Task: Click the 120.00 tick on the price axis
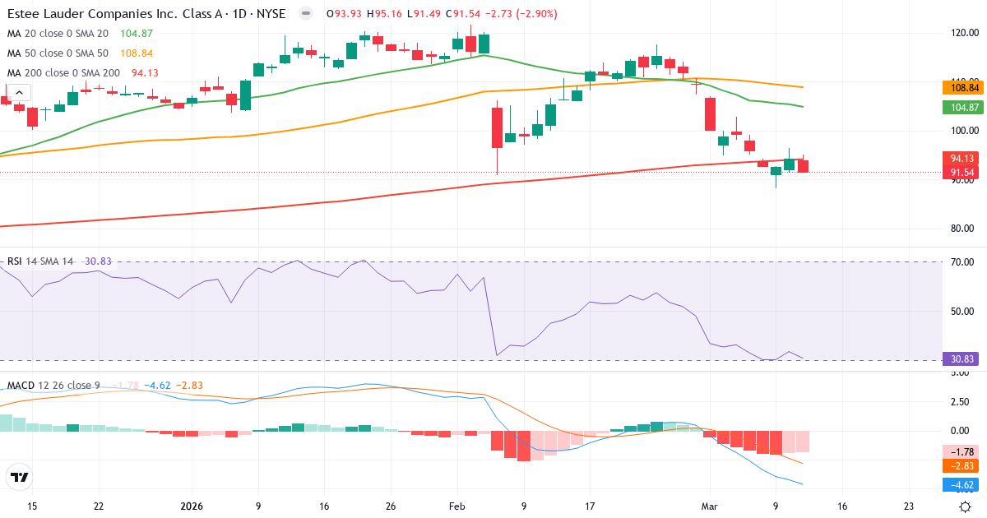pyautogui.click(x=963, y=33)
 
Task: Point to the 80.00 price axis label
pyautogui.click(x=963, y=229)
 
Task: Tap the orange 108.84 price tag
pyautogui.click(x=963, y=87)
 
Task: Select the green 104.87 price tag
pyautogui.click(x=963, y=107)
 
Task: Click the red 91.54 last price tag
pyautogui.click(x=963, y=173)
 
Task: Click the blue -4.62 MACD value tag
pyautogui.click(x=963, y=484)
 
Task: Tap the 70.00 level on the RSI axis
pyautogui.click(x=963, y=261)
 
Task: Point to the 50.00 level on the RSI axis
pyautogui.click(x=963, y=311)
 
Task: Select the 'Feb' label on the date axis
pyautogui.click(x=456, y=506)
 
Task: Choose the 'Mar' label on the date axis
pyautogui.click(x=708, y=506)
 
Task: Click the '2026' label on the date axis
pyautogui.click(x=192, y=506)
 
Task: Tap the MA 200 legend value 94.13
pyautogui.click(x=145, y=73)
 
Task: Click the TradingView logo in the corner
pyautogui.click(x=20, y=477)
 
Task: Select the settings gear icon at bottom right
pyautogui.click(x=966, y=506)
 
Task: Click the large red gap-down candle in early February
pyautogui.click(x=497, y=127)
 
